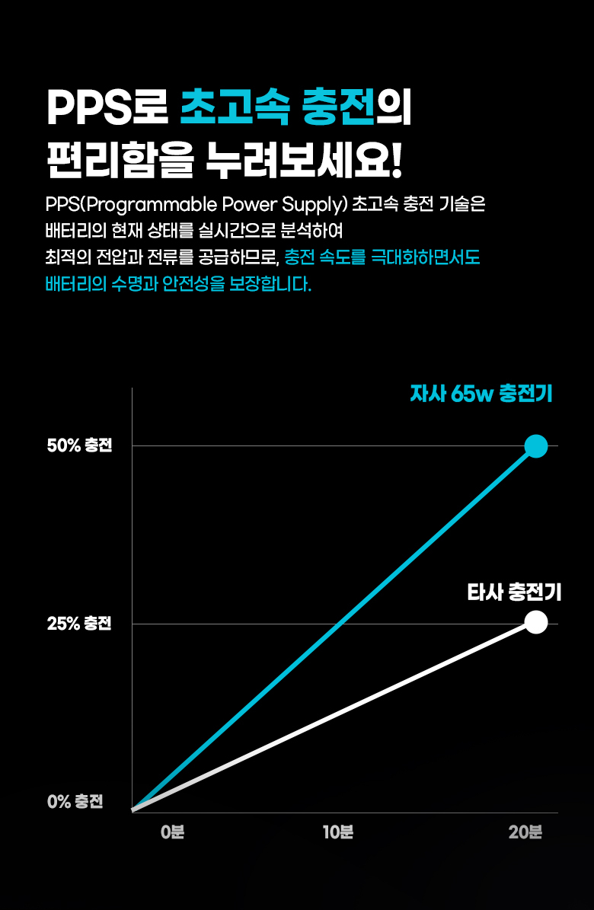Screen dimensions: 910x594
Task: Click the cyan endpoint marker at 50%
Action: click(536, 445)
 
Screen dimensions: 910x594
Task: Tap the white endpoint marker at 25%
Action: click(536, 622)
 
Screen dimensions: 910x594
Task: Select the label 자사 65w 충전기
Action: click(481, 394)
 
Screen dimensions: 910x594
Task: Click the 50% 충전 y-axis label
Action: click(79, 445)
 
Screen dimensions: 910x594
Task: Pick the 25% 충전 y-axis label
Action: click(79, 624)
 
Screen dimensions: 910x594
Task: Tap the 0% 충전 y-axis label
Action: click(75, 802)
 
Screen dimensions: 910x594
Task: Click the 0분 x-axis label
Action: click(173, 832)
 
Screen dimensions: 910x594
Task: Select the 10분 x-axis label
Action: click(337, 832)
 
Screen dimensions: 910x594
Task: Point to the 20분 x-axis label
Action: click(525, 832)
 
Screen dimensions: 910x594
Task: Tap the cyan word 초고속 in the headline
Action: click(235, 110)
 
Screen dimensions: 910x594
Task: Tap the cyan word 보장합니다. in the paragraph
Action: click(270, 286)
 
